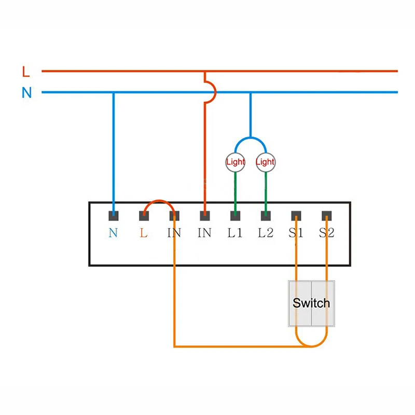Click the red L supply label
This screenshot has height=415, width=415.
coord(26,71)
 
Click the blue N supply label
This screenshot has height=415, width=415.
coord(26,93)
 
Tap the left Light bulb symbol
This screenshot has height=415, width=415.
coord(235,162)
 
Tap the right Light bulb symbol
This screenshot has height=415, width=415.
coord(265,162)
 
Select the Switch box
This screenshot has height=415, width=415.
coord(311,303)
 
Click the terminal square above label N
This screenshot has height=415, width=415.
coord(113,215)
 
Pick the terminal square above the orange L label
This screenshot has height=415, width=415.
coord(144,215)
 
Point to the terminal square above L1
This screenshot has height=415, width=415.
coord(235,215)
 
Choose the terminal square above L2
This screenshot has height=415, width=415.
coord(266,215)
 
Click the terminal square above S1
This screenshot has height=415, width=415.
coord(296,215)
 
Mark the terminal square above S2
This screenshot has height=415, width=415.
coord(327,215)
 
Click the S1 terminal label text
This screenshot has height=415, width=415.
coord(296,233)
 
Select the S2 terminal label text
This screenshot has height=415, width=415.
coord(327,233)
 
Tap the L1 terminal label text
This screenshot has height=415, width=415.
coord(235,233)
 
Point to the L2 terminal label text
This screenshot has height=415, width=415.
coord(266,233)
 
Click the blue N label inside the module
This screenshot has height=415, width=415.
coord(113,233)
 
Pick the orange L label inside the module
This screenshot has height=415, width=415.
coord(144,233)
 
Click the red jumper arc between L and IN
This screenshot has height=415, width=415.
coord(159,201)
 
